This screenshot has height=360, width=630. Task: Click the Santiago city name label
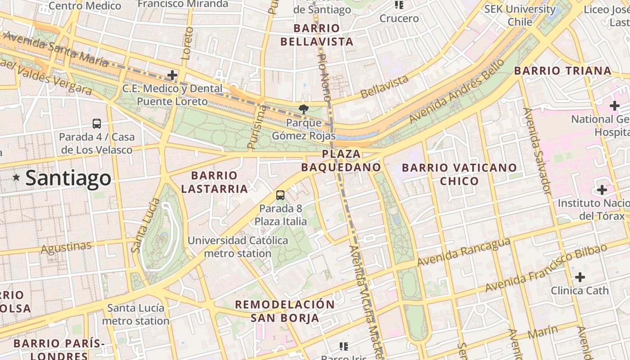tap(68, 178)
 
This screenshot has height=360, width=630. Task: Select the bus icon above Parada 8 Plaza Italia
tap(280, 195)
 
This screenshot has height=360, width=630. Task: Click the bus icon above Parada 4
tap(97, 123)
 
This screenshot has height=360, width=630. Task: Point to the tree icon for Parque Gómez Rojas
tap(304, 109)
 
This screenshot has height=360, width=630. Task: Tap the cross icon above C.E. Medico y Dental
tap(172, 75)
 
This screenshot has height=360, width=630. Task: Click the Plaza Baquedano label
tap(341, 161)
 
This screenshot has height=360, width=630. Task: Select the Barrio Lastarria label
tap(214, 182)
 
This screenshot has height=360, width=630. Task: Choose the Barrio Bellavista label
tap(317, 35)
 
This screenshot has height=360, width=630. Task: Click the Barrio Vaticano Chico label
tap(459, 174)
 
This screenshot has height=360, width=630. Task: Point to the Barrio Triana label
tap(562, 71)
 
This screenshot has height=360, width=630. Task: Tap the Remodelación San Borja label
tap(285, 311)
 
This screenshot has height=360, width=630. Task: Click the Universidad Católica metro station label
tap(238, 247)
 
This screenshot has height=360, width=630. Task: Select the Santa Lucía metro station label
tap(135, 315)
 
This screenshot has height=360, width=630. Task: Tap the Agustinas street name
tap(66, 247)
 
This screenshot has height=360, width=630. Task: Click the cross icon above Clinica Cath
tap(580, 277)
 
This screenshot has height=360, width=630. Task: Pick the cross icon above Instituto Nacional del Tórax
tap(602, 190)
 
